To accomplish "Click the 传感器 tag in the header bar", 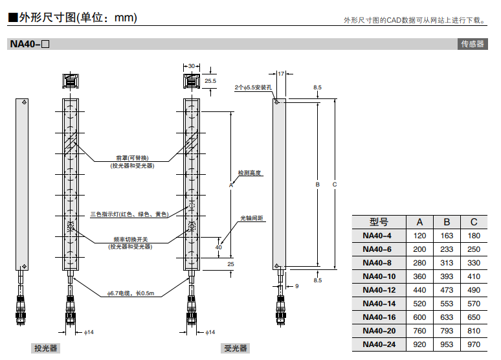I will [x=472, y=44].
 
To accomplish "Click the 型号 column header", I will [x=378, y=221].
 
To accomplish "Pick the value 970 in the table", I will [x=474, y=344].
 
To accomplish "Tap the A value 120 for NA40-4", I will [x=420, y=236].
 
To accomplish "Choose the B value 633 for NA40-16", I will [x=447, y=317].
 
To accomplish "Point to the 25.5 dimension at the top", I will [x=210, y=81].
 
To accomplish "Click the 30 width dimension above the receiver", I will [x=192, y=66].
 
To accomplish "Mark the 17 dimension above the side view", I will [x=281, y=74].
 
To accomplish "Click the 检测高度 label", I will [x=249, y=173].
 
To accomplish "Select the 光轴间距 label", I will [x=252, y=218].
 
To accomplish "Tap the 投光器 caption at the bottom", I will [x=47, y=348].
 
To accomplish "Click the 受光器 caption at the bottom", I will [x=236, y=348].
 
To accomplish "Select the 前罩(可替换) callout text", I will [x=132, y=158].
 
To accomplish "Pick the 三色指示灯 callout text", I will [x=129, y=214].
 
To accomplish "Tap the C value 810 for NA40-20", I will [x=474, y=331].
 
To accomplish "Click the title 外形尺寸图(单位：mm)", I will [x=72, y=17].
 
